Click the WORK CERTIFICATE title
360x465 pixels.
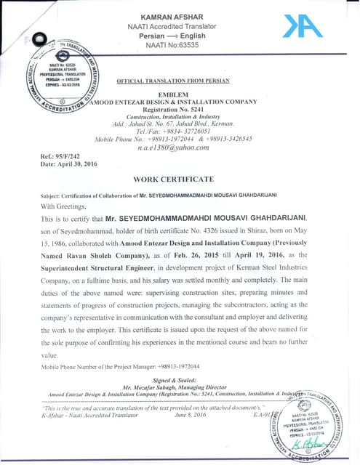(173, 179)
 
